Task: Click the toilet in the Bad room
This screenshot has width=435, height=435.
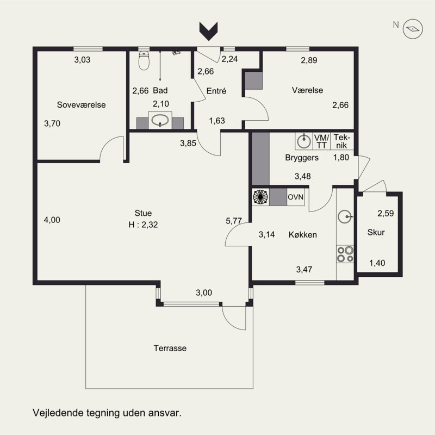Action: tap(144, 60)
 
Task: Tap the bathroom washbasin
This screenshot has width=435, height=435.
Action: tap(160, 120)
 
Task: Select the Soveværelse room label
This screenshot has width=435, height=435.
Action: tap(81, 105)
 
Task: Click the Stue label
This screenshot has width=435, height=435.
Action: tap(143, 213)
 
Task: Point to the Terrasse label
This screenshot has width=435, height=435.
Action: tap(170, 348)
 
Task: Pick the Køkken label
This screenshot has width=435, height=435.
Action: tap(303, 235)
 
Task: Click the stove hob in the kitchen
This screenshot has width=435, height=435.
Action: tap(345, 254)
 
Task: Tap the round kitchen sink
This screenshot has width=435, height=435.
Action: tap(345, 216)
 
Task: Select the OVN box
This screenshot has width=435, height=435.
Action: tap(296, 197)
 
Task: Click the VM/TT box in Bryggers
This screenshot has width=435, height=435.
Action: tap(322, 141)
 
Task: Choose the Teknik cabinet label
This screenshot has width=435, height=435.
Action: tap(342, 141)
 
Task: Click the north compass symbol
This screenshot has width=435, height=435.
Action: tap(413, 29)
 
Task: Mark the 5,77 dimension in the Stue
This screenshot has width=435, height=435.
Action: tap(234, 221)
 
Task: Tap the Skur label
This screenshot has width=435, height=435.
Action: tap(376, 232)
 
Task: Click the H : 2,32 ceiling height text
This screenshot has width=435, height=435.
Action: tap(143, 225)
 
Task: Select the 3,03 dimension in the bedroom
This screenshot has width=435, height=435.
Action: tap(82, 60)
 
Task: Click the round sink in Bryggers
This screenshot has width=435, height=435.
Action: tap(304, 141)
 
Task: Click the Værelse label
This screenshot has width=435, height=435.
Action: tap(307, 90)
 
